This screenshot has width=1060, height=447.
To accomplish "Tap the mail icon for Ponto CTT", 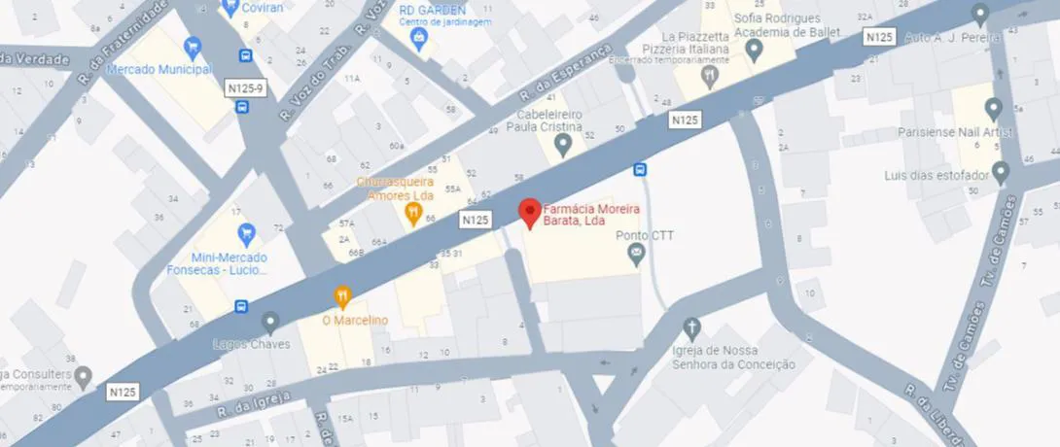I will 637,256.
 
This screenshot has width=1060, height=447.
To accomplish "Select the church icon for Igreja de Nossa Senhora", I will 691,327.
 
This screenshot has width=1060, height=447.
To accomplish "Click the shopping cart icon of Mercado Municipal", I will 193,46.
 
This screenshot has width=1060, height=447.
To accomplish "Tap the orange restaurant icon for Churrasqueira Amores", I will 412,213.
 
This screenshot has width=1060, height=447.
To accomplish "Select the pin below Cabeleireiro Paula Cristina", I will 562,146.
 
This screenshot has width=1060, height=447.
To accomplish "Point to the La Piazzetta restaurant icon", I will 710,75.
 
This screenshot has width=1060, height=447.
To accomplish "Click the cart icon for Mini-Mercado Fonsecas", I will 246,233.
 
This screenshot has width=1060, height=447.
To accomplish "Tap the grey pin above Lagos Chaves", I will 270,321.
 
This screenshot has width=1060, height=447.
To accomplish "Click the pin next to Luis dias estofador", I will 1001,173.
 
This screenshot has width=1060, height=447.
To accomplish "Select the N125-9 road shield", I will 244,88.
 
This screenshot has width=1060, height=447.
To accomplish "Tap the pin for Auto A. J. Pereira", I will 979,15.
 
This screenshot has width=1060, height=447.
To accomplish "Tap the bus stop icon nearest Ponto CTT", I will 640,170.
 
